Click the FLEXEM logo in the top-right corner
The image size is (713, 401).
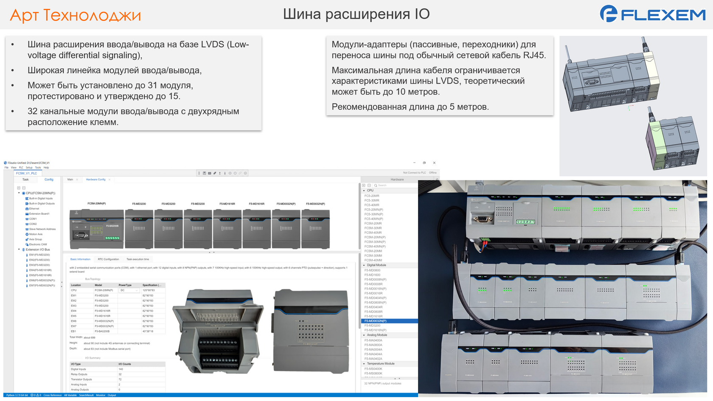tap(652, 14)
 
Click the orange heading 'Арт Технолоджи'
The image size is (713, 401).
tap(75, 15)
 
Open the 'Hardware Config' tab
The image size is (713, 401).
tap(95, 179)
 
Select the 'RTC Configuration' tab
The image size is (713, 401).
tap(108, 259)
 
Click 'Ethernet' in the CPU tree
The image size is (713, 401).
tap(34, 209)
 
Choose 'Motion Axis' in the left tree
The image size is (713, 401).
tap(36, 234)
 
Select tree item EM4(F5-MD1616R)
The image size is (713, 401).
tap(40, 270)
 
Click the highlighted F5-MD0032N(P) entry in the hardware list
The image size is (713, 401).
tap(376, 321)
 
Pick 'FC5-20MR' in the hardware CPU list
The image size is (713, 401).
tap(372, 196)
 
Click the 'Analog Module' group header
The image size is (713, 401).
tap(377, 335)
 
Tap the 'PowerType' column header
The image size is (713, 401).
tap(125, 285)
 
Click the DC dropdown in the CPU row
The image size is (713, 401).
tap(129, 290)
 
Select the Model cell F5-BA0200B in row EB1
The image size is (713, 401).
tap(102, 331)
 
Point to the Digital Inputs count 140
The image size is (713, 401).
tap(121, 369)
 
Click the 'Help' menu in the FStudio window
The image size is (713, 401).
tap(46, 168)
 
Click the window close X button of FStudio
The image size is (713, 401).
tap(434, 163)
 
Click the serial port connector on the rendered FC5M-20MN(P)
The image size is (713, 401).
tap(79, 235)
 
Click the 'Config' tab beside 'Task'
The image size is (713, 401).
tap(49, 179)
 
